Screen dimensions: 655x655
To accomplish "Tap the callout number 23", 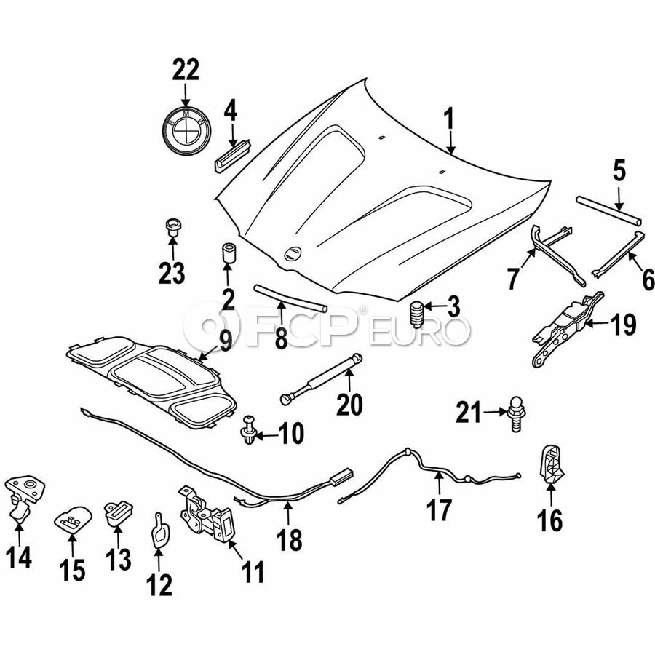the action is pyautogui.click(x=172, y=273).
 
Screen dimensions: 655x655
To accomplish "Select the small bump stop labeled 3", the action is pyautogui.click(x=416, y=314).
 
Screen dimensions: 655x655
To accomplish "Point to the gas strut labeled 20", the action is pyautogui.click(x=321, y=379).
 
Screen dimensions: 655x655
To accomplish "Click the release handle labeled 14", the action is pyautogui.click(x=24, y=498).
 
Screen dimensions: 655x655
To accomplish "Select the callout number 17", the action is pyautogui.click(x=440, y=510).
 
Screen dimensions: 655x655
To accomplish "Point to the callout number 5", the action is pyautogui.click(x=619, y=171).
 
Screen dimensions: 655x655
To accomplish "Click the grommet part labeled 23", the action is pyautogui.click(x=172, y=227).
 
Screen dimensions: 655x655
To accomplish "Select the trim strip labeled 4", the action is pyautogui.click(x=233, y=154).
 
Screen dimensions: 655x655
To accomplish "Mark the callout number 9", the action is pyautogui.click(x=225, y=341).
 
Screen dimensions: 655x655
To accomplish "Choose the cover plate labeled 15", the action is pyautogui.click(x=73, y=518).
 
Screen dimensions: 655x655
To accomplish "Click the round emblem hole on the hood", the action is pyautogui.click(x=293, y=254).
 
